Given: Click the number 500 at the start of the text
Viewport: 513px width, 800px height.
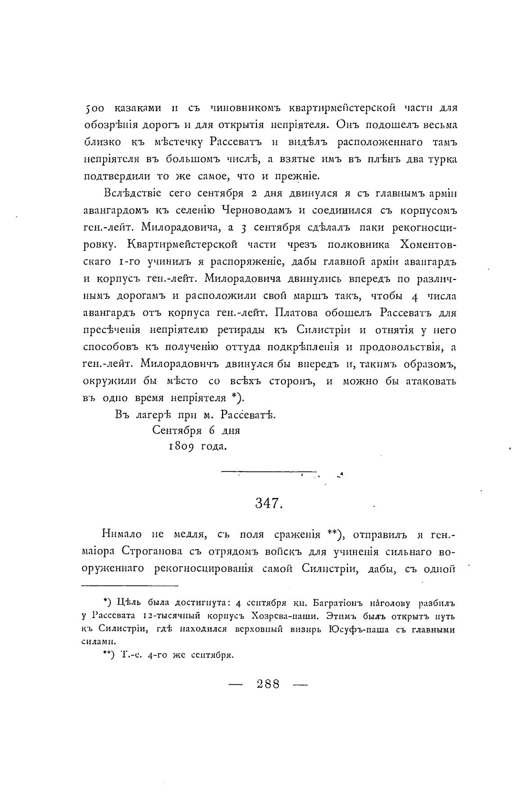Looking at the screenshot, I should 94,108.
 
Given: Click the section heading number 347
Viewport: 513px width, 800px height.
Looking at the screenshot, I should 269,503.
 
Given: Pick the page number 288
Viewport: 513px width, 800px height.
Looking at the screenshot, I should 268,684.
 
